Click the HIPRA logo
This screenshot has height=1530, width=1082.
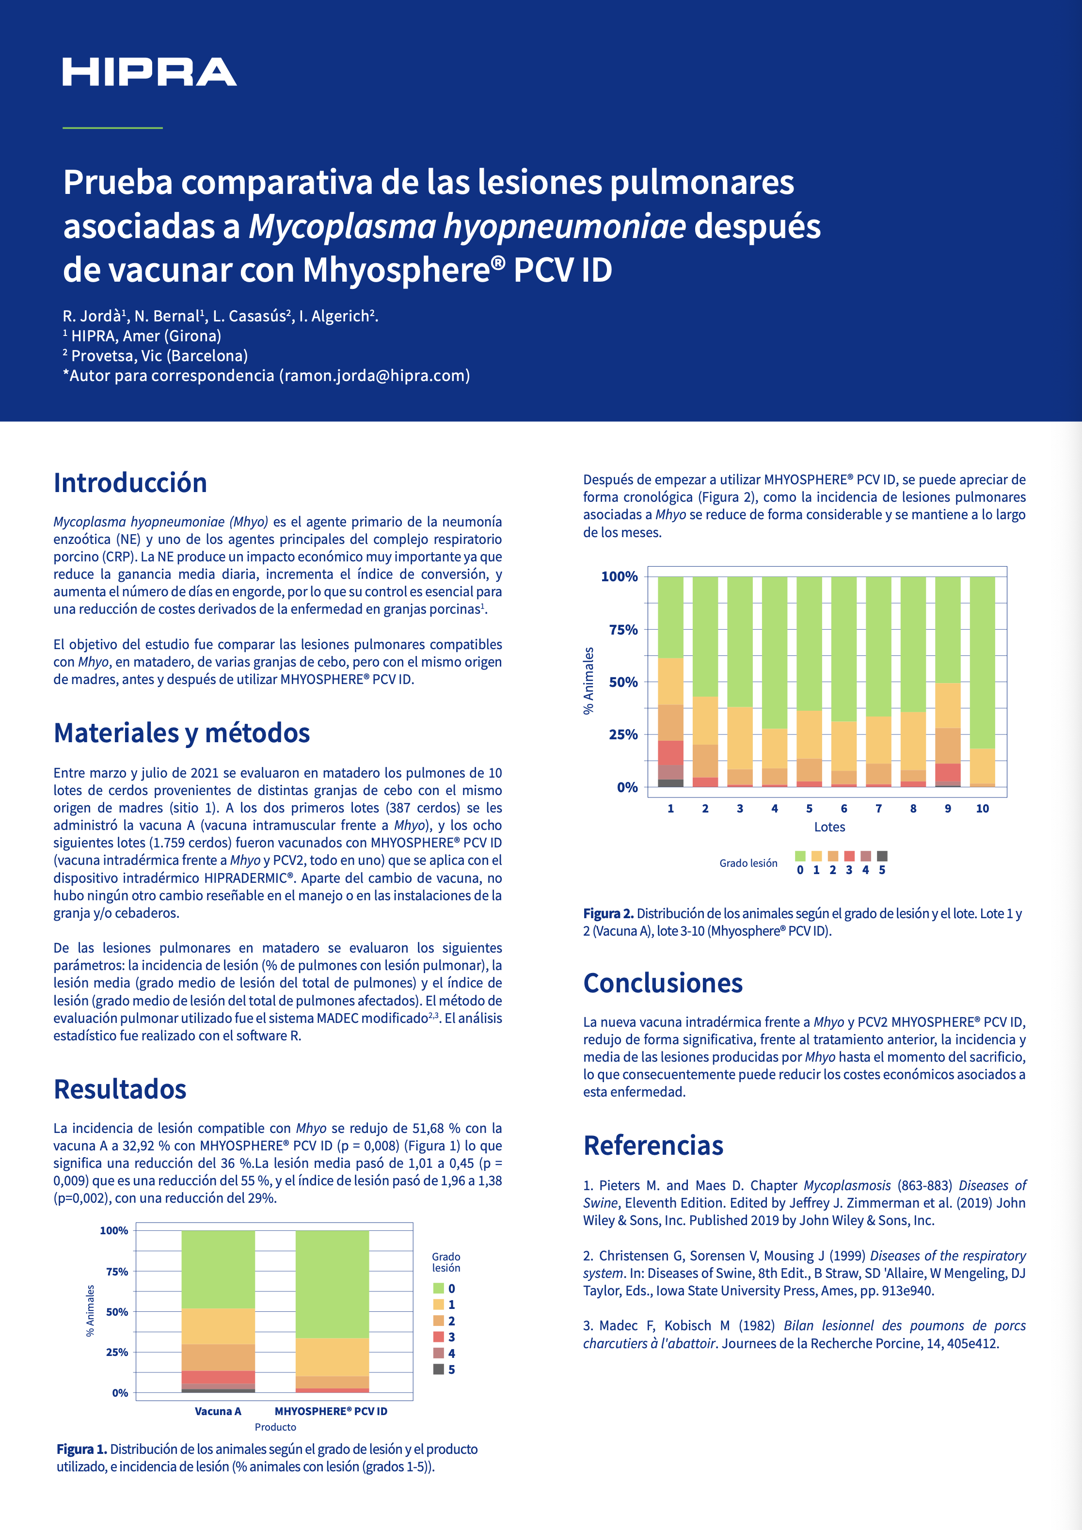(149, 72)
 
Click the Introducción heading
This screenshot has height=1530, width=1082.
(130, 482)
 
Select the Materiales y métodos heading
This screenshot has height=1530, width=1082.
(182, 733)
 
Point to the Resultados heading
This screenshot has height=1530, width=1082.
(120, 1089)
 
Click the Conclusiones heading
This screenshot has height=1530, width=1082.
(663, 983)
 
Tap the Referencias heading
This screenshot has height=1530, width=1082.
(653, 1145)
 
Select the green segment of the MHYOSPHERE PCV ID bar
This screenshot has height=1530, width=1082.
(332, 1283)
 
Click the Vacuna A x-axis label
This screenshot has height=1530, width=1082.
(218, 1411)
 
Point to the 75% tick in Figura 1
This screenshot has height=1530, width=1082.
(117, 1272)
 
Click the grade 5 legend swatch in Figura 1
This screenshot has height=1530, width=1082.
(438, 1370)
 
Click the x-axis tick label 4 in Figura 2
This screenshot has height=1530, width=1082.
(774, 808)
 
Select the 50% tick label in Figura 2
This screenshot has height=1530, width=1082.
(623, 682)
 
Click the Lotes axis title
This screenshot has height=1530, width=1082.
(829, 827)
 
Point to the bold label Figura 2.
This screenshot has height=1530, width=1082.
(607, 914)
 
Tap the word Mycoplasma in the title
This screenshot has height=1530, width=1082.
(342, 226)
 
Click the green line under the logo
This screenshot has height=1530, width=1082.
(112, 127)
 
